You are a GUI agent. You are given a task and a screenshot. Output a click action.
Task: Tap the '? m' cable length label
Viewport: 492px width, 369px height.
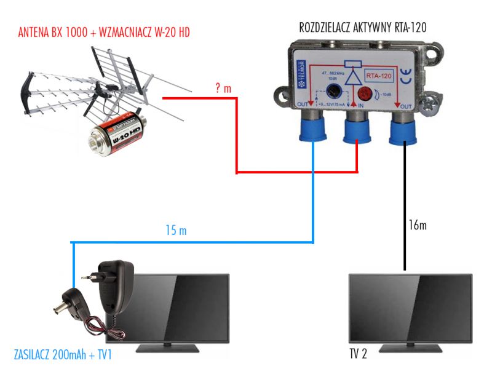(x=223, y=89)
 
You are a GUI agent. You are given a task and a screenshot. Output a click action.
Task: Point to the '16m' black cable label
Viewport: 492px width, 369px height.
(x=417, y=225)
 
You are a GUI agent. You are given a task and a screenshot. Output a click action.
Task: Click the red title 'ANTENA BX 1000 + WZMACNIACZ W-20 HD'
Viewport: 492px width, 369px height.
(x=104, y=33)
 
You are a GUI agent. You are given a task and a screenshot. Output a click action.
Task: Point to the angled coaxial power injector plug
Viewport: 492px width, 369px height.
(x=69, y=304)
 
